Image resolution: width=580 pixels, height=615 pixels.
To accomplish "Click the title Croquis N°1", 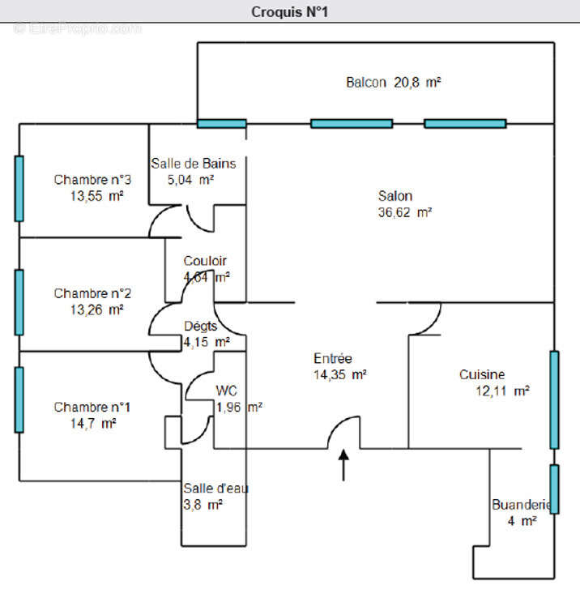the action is [289, 12].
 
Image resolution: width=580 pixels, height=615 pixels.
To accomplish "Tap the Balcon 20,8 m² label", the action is [394, 83].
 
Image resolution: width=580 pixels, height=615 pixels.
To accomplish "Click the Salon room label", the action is [395, 196].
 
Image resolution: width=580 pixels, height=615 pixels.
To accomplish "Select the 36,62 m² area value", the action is [405, 212].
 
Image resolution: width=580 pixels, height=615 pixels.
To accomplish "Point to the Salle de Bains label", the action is [194, 164].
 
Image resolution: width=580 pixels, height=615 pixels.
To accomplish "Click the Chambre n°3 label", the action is [92, 180].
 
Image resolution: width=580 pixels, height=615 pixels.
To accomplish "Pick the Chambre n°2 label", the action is [92, 293].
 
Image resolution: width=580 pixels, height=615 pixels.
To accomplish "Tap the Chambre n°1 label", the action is [92, 407].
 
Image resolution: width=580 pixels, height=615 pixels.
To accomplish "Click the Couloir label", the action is [205, 261].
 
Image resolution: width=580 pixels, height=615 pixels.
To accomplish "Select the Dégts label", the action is [200, 327].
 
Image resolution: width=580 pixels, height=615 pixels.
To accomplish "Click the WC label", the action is [226, 391].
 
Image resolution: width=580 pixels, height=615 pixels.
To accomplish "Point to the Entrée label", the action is [333, 358].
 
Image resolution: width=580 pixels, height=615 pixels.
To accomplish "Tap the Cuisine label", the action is [482, 374].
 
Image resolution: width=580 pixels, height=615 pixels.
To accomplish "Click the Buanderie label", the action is [522, 505].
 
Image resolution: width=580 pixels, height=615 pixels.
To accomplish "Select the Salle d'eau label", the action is [215, 489].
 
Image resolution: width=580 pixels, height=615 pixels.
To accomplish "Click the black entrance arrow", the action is [343, 465].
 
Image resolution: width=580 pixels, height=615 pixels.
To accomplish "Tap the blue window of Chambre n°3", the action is [19, 189].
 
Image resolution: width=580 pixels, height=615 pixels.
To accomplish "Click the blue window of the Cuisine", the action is [554, 400].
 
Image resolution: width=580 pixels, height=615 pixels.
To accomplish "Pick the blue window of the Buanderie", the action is [554, 489].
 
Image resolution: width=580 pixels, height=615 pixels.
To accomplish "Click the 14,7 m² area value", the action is [93, 424].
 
